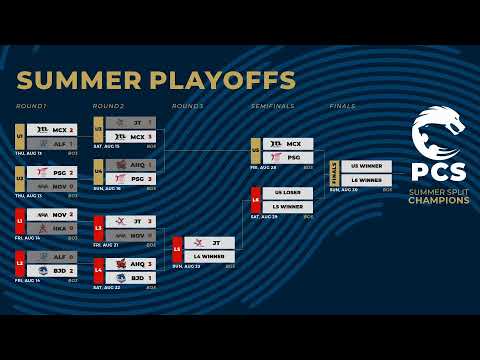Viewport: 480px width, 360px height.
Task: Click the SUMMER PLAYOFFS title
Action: [x=156, y=80]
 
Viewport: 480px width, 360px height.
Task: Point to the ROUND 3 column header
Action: [x=187, y=106]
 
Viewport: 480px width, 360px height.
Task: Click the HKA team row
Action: [x=51, y=227]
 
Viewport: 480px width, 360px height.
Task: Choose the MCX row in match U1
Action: [x=51, y=130]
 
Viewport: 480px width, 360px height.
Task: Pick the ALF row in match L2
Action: [x=51, y=257]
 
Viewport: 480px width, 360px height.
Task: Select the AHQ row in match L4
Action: [x=129, y=263]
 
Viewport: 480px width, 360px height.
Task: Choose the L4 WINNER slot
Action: [x=208, y=256]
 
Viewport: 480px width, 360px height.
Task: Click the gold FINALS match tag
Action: [x=334, y=173]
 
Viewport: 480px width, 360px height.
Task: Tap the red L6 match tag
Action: [x=255, y=200]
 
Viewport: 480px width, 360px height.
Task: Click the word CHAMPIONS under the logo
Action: [x=438, y=200]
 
